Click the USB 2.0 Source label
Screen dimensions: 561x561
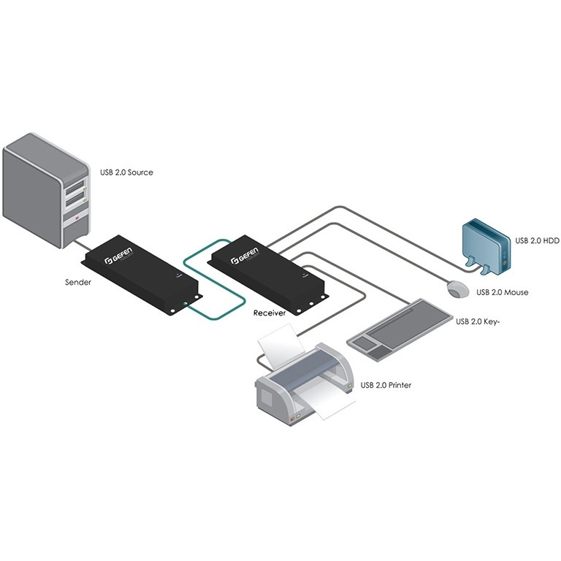[x=126, y=173]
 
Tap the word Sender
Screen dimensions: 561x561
[x=77, y=283]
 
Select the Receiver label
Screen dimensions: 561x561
[x=268, y=313]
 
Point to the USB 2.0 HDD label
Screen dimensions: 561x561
[x=537, y=240]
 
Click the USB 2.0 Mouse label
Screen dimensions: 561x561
[x=502, y=292]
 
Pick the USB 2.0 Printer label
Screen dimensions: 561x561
[x=386, y=385]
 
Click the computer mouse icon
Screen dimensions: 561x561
[x=458, y=289]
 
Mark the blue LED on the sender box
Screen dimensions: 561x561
[x=177, y=275]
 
